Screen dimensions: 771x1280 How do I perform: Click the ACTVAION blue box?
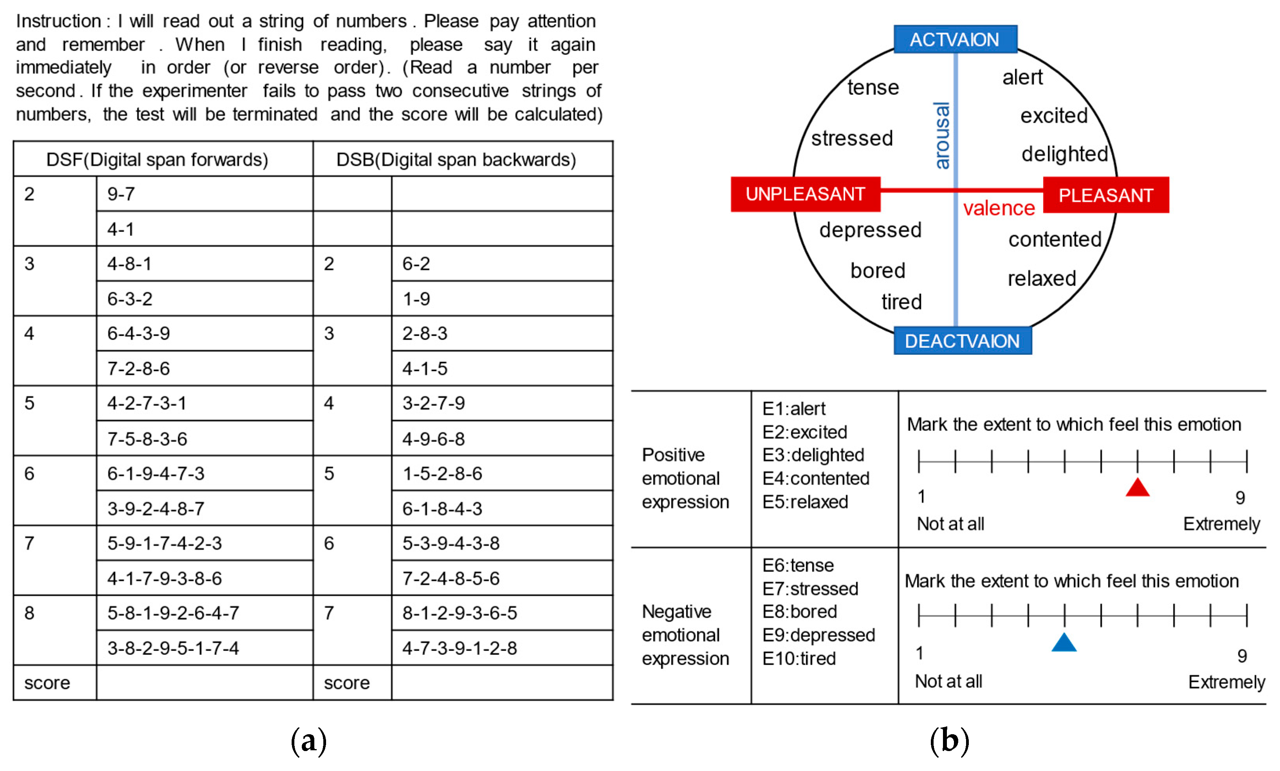(x=955, y=40)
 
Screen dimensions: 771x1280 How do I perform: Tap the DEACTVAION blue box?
(x=962, y=341)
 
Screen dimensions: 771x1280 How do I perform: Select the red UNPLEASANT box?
(x=805, y=194)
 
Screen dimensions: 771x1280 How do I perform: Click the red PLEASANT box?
(x=1105, y=195)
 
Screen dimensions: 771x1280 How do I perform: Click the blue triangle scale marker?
(x=1064, y=643)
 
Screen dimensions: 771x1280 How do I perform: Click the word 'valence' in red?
(x=999, y=208)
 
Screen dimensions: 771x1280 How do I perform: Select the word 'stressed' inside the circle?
(x=852, y=138)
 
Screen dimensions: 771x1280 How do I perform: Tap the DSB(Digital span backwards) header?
(x=456, y=159)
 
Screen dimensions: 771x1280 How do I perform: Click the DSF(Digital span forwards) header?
(x=157, y=159)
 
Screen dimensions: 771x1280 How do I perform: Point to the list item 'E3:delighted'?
(x=813, y=455)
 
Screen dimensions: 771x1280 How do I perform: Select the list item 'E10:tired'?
(x=799, y=658)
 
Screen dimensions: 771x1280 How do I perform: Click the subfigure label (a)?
(x=308, y=740)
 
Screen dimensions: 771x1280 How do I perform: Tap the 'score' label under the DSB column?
(x=346, y=683)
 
